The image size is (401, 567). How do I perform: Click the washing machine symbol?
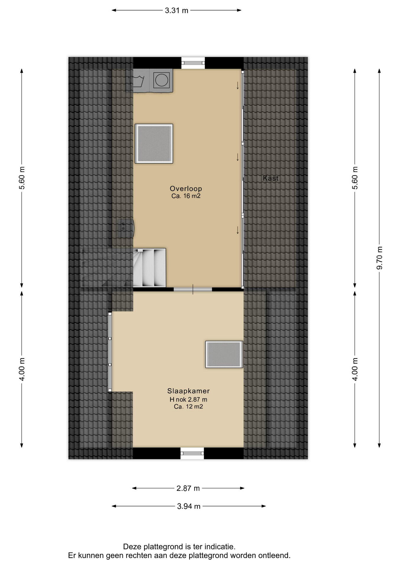138,80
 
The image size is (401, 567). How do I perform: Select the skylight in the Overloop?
154,144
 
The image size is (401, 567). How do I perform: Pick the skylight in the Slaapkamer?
224,354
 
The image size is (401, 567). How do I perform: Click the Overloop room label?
186,188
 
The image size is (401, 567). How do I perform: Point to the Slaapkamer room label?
188,391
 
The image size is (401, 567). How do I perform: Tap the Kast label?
270,178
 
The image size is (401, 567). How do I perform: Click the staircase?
149,268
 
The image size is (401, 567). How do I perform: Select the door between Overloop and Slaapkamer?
193,289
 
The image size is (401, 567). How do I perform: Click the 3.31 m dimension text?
176,11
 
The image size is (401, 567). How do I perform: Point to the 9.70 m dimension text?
380,258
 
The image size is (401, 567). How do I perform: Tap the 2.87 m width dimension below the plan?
188,488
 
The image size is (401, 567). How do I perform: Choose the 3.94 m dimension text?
189,506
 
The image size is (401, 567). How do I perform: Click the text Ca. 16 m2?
186,196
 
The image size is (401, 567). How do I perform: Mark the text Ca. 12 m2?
188,407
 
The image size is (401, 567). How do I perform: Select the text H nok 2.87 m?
188,400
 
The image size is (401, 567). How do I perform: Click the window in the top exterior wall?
193,63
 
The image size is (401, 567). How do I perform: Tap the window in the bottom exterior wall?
192,453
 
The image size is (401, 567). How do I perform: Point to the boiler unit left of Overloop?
126,228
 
